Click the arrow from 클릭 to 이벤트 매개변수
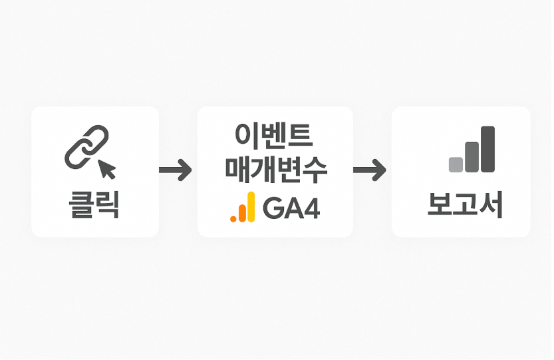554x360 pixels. click(x=176, y=171)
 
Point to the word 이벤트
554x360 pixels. click(x=274, y=136)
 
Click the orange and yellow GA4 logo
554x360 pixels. click(x=243, y=208)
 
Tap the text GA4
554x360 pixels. click(x=292, y=208)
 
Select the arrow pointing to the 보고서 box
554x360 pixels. click(x=370, y=171)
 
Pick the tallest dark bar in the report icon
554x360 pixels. click(x=488, y=149)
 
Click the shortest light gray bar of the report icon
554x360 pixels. click(x=456, y=164)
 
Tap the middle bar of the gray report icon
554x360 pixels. click(x=472, y=156)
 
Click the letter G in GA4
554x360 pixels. click(x=273, y=208)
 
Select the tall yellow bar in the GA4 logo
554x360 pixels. click(x=251, y=206)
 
